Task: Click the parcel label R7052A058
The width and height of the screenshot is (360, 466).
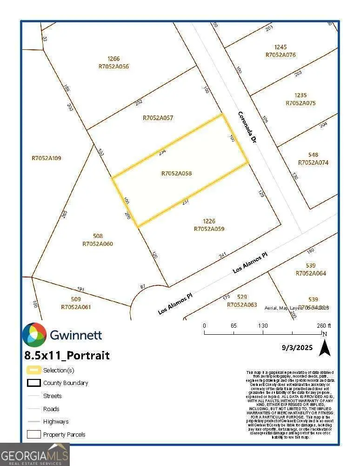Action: coord(177,174)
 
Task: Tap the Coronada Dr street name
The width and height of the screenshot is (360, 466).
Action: coord(247,126)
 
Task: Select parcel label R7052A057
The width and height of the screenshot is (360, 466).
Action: coord(158,118)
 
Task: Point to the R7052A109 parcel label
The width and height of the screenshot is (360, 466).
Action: coord(46,158)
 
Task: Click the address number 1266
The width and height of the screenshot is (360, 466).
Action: coord(113,59)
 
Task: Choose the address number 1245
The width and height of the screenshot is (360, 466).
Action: coord(280,47)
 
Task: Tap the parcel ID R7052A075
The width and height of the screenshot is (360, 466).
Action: coord(300,103)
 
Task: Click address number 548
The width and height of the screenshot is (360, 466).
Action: coord(313,155)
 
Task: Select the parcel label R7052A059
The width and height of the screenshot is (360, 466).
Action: coord(209,229)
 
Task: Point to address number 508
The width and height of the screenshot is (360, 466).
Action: coord(98,236)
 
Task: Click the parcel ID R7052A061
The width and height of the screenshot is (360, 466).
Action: coord(76,307)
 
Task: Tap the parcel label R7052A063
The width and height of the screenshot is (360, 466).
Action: coord(242,305)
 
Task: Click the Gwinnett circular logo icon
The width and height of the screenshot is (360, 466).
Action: coord(34,335)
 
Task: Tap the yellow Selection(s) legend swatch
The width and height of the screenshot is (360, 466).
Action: coord(33,371)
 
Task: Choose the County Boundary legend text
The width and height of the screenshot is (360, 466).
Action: coord(66,383)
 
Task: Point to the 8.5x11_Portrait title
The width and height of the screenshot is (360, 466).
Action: coord(67,356)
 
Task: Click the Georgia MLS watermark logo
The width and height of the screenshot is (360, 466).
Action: coord(35,454)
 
